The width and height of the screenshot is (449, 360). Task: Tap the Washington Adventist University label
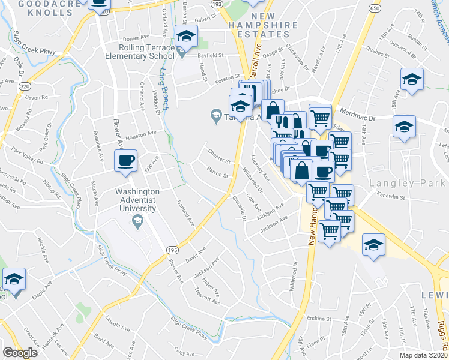pyautogui.click(x=137, y=200)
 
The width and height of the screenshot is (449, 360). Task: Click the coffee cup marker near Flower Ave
pyautogui.click(x=126, y=161)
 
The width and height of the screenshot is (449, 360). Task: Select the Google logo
pyautogui.click(x=20, y=352)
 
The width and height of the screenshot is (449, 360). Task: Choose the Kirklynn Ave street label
pyautogui.click(x=271, y=214)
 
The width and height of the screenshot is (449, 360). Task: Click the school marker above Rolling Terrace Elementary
pyautogui.click(x=186, y=36)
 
